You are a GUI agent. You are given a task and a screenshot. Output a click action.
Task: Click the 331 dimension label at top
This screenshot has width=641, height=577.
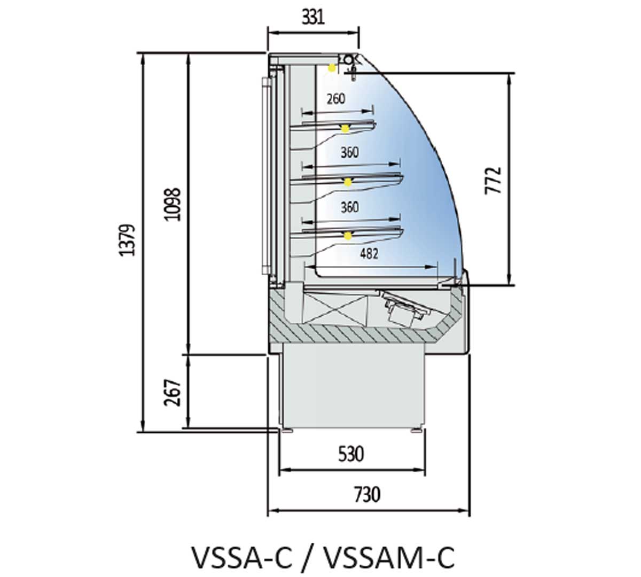[313, 17]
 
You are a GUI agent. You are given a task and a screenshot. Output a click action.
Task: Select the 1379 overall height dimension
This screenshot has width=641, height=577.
[128, 239]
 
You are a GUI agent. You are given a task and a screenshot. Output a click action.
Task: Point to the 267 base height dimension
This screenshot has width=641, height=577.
[172, 392]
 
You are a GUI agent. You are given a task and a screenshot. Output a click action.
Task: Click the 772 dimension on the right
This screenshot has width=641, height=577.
[495, 180]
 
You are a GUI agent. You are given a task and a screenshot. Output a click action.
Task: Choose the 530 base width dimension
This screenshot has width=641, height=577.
[351, 454]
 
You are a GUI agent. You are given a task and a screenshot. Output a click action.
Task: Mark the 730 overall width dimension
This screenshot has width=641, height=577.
[368, 494]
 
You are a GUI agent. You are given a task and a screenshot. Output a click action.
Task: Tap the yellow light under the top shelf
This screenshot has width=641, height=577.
[346, 128]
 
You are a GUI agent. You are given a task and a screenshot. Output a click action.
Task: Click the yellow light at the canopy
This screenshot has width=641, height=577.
[332, 67]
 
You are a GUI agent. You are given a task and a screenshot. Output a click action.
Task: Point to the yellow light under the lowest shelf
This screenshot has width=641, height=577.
[348, 235]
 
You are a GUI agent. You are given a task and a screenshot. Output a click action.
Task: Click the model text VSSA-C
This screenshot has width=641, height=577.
[242, 557]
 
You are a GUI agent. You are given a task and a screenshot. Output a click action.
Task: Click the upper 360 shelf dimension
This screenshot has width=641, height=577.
[349, 152]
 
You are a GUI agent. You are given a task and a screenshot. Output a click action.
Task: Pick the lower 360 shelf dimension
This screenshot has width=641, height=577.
[349, 207]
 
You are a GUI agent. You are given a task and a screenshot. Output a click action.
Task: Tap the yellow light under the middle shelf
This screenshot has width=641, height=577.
[348, 182]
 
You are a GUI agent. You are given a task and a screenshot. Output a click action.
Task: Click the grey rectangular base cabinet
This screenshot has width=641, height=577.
[353, 385]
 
